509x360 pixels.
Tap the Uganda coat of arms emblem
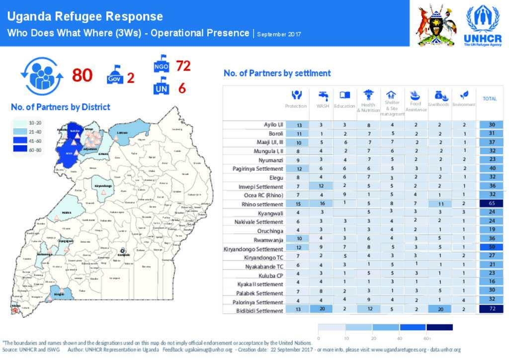(x=436, y=25)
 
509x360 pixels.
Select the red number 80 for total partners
(x=83, y=75)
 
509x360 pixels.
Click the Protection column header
(x=296, y=99)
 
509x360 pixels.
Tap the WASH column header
(x=323, y=99)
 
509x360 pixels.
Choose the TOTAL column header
(x=490, y=99)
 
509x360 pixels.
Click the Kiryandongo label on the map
(x=102, y=185)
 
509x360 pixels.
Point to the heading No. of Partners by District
(x=61, y=107)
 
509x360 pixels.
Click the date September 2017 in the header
(x=279, y=34)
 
